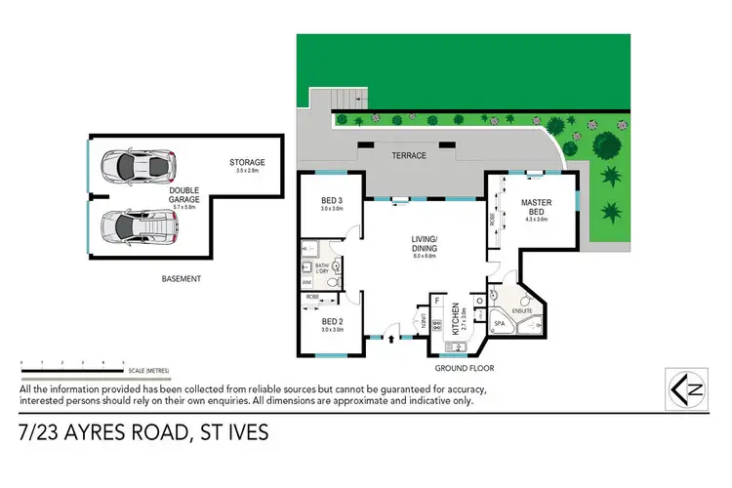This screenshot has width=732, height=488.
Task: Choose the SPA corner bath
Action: pos(499,324)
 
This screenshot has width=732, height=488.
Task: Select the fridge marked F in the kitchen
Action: pos(434,302)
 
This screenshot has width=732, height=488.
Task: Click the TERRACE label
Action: pos(407,155)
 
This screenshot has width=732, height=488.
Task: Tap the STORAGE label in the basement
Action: pos(247,162)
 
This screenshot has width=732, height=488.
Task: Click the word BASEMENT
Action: pos(181,279)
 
